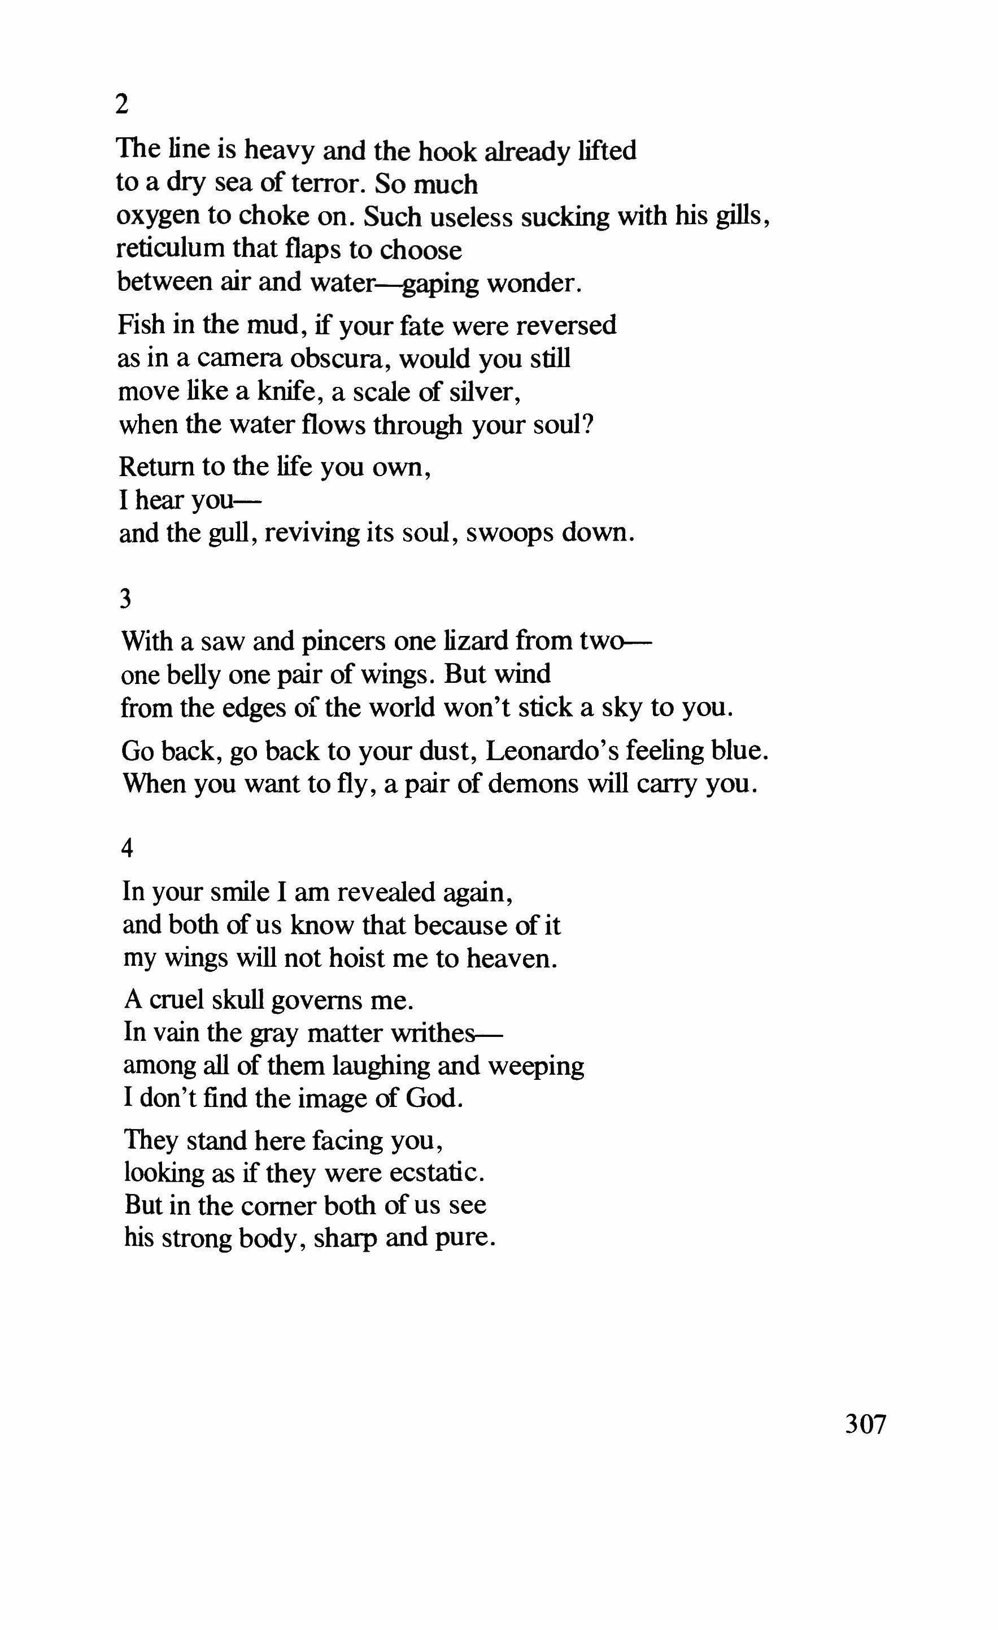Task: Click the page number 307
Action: (x=865, y=1424)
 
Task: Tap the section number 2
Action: (x=121, y=104)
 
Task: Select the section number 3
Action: (x=125, y=599)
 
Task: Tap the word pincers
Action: (x=343, y=642)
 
